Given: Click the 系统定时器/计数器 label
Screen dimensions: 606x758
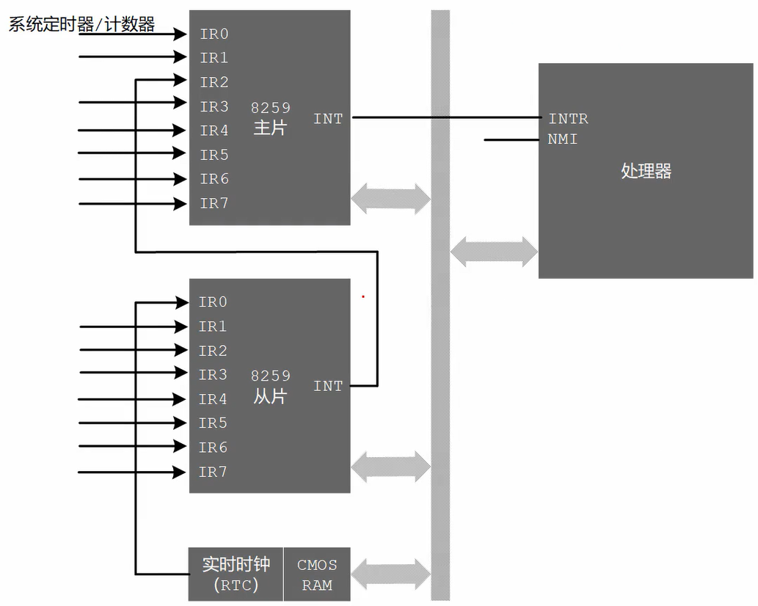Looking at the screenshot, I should click(x=81, y=24).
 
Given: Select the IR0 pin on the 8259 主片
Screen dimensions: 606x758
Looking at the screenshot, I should click(x=214, y=34).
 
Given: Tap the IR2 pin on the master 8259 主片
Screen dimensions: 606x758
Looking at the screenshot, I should click(x=214, y=82).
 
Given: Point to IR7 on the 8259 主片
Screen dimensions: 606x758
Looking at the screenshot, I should click(x=214, y=203).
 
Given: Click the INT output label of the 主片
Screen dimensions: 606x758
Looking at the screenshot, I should click(x=328, y=118).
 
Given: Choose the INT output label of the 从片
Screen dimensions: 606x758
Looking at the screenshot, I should click(x=328, y=386).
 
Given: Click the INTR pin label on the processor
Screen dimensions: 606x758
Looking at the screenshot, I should click(x=568, y=119).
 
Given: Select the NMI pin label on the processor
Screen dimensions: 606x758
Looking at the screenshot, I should click(x=562, y=139).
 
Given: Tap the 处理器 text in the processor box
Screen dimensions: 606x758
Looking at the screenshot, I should click(x=646, y=171).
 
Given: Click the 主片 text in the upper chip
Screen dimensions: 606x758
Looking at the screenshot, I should click(x=270, y=128).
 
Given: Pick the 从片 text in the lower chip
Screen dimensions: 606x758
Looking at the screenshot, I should click(x=270, y=396).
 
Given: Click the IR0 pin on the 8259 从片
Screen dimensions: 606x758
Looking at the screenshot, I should click(x=213, y=302).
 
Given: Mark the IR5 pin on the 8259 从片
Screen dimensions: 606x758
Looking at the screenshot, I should click(x=213, y=423).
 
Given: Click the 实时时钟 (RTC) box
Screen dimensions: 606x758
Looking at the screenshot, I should click(x=236, y=574).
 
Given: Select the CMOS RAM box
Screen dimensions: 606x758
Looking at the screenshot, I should click(x=317, y=574).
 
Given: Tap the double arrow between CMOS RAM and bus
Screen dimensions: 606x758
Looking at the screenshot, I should click(x=390, y=574).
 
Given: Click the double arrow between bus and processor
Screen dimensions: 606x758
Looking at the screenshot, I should click(x=494, y=252).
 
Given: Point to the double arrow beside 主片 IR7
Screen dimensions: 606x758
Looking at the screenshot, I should click(x=390, y=198).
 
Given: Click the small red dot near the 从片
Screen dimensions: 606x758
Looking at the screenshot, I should click(x=362, y=297).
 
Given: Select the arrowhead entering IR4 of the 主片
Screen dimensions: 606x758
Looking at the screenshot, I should click(x=179, y=130).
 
